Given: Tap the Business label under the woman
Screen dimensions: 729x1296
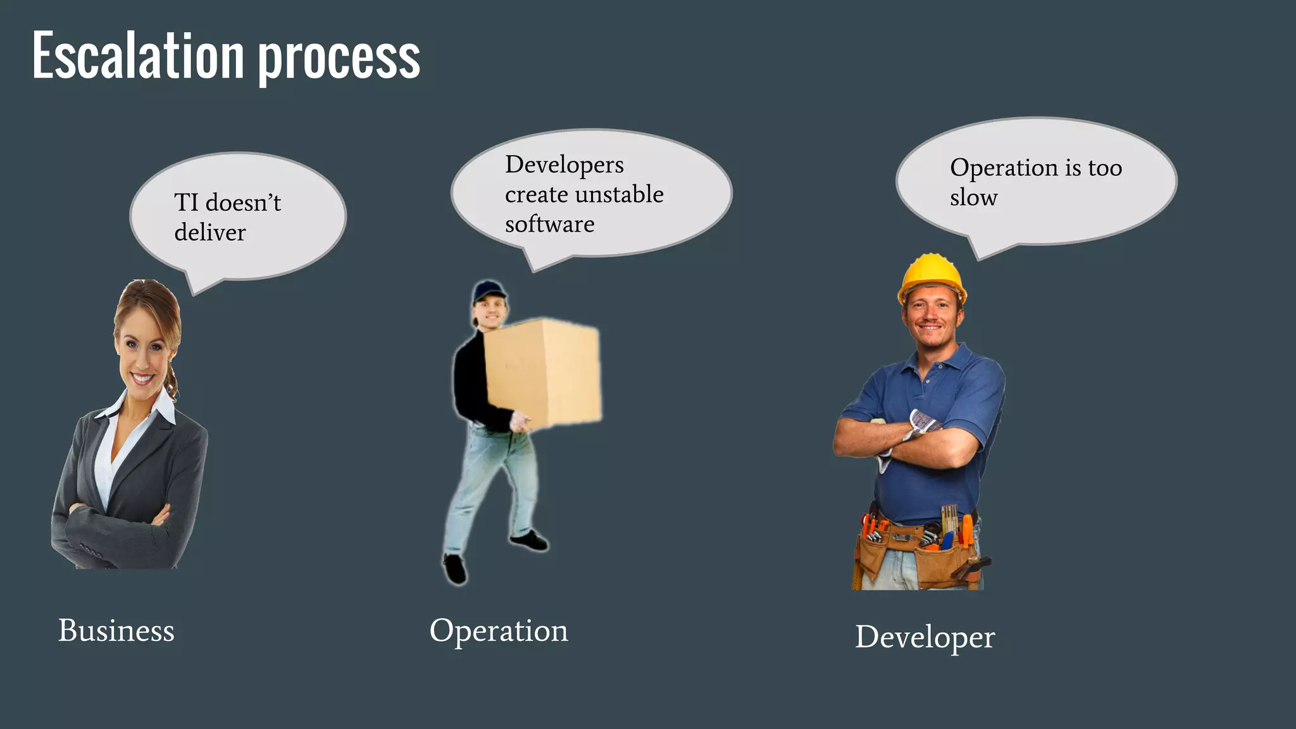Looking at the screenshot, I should click(116, 630).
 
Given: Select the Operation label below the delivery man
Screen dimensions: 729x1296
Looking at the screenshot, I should click(499, 631).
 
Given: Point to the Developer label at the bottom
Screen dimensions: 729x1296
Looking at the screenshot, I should click(925, 637).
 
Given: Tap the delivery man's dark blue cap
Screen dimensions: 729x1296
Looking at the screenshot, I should click(489, 290).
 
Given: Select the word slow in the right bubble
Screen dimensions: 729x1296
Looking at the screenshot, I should click(973, 197).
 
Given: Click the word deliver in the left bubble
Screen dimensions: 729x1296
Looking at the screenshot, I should click(209, 232).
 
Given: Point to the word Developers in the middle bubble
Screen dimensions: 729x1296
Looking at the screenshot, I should click(564, 165).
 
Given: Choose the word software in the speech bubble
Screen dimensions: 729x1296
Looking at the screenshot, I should click(549, 224).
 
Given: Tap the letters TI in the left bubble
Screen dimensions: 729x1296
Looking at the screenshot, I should click(186, 202).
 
